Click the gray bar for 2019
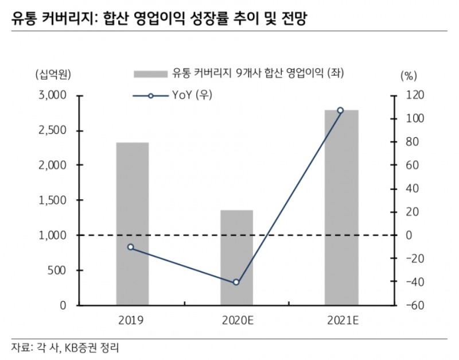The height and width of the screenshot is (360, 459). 133,224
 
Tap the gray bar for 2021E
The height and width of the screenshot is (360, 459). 341,207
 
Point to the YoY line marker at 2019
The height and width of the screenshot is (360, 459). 130,247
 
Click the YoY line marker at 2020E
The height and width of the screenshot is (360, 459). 236,282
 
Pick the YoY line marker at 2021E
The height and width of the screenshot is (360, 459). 340,110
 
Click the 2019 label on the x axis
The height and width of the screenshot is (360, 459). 133,319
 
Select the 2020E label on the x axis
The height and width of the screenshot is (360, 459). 236,319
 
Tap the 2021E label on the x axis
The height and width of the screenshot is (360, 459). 341,319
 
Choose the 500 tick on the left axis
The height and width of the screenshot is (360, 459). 60,270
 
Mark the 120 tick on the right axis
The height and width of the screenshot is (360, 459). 414,95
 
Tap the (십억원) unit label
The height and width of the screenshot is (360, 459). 52,73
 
